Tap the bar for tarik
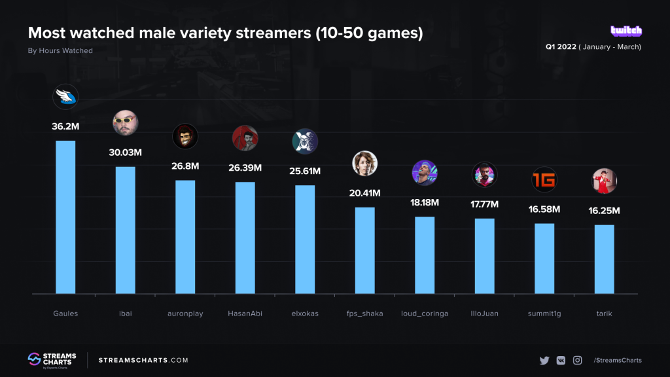tap(604, 259)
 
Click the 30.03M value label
tap(126, 153)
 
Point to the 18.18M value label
tap(425, 202)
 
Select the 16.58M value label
tap(544, 209)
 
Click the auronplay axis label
tap(185, 314)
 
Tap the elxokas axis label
tap(305, 314)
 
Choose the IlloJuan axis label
tap(484, 314)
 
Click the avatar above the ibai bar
tap(126, 123)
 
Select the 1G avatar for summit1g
tap(544, 180)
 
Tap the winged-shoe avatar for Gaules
tap(65, 97)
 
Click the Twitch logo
tap(626, 31)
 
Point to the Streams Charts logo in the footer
tap(52, 360)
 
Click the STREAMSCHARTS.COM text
tap(143, 360)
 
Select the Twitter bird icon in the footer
tap(544, 360)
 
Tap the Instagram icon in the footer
tap(578, 360)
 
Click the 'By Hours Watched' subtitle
tap(60, 50)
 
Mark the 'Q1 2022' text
tap(561, 47)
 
